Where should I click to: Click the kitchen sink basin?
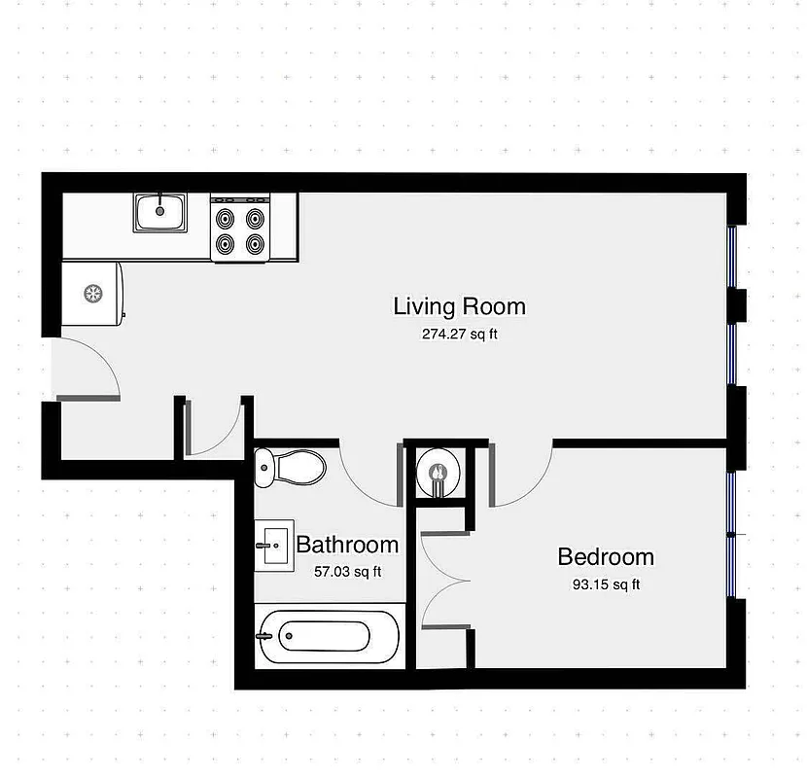tap(160, 212)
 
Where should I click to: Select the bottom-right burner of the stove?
tap(256, 244)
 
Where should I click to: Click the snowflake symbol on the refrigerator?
tap(92, 292)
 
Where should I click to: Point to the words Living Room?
tap(459, 306)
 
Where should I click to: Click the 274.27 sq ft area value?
tap(459, 335)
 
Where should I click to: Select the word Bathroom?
tap(347, 545)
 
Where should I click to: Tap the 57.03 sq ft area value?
tap(347, 572)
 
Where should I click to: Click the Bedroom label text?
tap(605, 557)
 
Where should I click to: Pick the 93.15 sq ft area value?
tap(605, 584)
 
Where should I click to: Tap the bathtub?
tap(326, 637)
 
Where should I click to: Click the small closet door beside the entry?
tap(216, 430)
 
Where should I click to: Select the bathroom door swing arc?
tap(365, 477)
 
